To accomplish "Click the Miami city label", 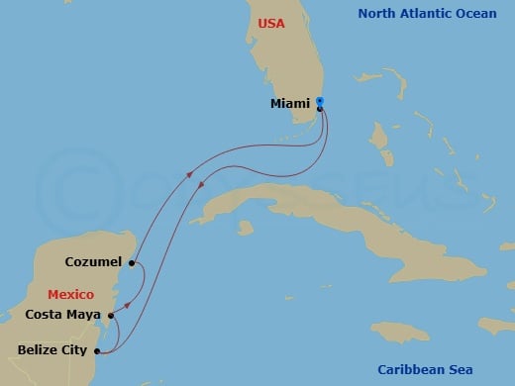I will [290, 102].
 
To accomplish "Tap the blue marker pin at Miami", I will [320, 101].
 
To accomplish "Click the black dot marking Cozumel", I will [132, 263].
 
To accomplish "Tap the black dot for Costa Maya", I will [111, 316].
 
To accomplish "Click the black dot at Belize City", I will [96, 349].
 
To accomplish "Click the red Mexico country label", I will [70, 295].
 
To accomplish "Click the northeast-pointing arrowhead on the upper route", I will [188, 175].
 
